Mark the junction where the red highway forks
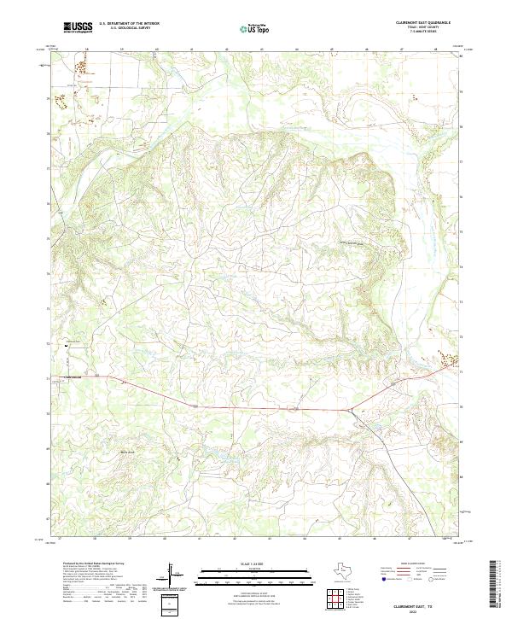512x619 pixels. click(350, 409)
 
